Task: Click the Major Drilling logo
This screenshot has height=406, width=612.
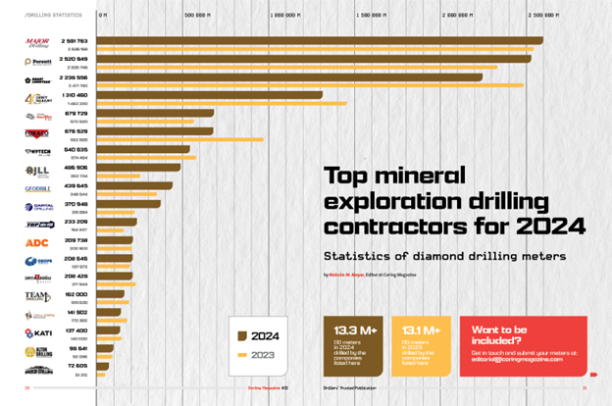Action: coord(38,44)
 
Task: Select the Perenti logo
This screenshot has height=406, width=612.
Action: coord(38,63)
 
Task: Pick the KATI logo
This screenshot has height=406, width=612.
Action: coord(38,333)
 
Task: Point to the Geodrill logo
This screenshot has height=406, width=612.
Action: coord(37,188)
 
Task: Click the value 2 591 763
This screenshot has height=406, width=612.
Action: coord(75,40)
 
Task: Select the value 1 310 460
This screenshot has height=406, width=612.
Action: coord(76,94)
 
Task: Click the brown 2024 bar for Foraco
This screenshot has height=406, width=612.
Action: coord(157,130)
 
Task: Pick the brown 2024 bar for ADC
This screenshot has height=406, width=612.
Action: coord(116,239)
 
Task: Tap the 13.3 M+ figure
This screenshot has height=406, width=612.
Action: coord(354,330)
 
